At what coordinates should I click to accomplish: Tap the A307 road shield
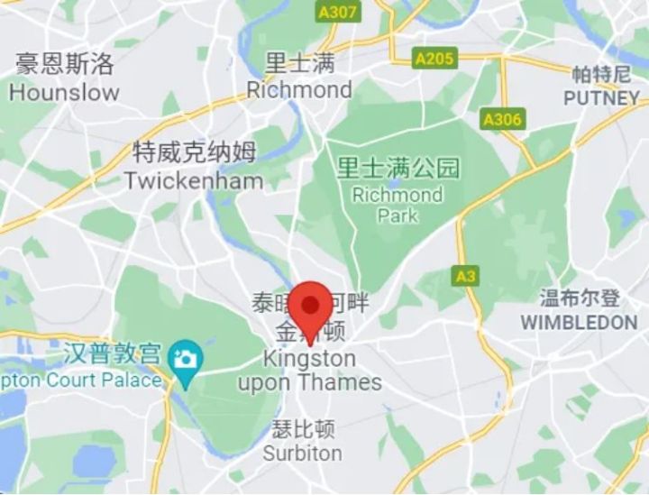338,13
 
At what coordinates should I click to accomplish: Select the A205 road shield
435,60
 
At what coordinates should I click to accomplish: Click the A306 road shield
502,119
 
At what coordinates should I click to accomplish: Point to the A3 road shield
466,277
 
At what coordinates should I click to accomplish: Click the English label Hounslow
64,92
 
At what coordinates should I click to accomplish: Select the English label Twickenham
194,180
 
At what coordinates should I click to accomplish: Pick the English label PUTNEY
601,98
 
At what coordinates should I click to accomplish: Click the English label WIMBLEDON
579,322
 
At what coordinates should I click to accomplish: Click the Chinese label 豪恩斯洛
65,65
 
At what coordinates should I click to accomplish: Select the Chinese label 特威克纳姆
194,152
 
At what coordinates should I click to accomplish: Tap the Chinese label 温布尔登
580,298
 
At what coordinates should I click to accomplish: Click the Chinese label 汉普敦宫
114,354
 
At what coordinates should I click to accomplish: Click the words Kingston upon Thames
309,371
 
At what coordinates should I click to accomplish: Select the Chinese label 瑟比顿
303,428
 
